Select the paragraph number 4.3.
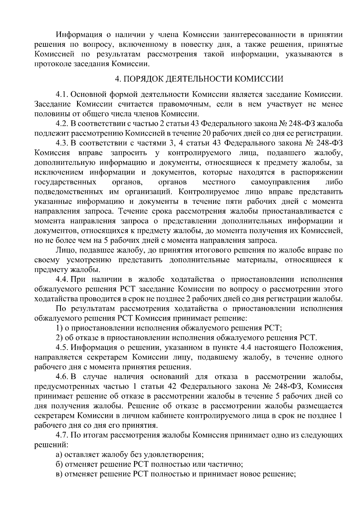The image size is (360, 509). pyautogui.click(x=62, y=143)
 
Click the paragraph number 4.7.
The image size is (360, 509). pyautogui.click(x=62, y=435)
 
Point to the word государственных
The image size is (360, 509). pyautogui.click(x=65, y=182)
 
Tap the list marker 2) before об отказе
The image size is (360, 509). pyautogui.click(x=59, y=338)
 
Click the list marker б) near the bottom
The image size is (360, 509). pyautogui.click(x=59, y=473)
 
